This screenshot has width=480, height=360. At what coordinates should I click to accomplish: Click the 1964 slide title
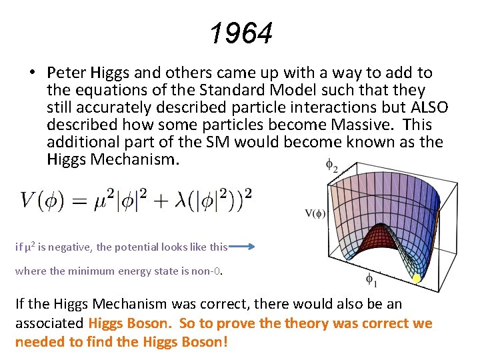click(241, 33)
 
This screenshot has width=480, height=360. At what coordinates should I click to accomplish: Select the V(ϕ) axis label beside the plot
click(315, 213)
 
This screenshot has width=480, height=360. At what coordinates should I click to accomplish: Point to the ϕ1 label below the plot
click(371, 280)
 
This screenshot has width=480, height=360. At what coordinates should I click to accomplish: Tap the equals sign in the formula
click(91, 199)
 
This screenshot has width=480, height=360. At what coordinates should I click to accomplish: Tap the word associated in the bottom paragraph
click(49, 324)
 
